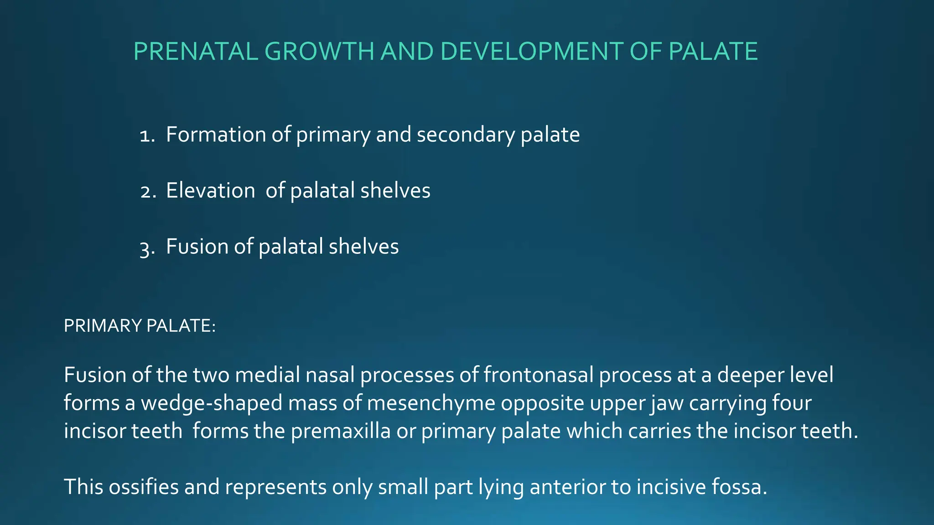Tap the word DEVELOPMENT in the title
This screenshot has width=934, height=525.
[531, 51]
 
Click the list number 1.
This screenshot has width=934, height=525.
[147, 135]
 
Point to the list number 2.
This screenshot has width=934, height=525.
[147, 191]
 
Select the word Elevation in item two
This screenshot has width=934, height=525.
[210, 191]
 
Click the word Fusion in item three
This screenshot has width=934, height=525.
[197, 247]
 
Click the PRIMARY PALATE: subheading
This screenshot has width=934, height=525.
[139, 326]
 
